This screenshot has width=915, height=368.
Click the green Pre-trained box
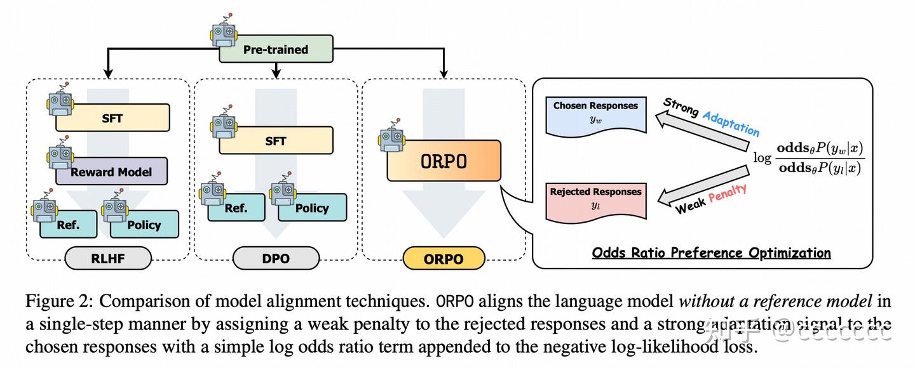pyautogui.click(x=276, y=49)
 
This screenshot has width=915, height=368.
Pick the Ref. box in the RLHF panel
pyautogui.click(x=69, y=225)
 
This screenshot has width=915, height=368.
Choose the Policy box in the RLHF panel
pyautogui.click(x=144, y=225)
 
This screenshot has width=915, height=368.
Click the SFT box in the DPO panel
pyautogui.click(x=276, y=141)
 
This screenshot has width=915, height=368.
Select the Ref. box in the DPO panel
pyautogui.click(x=236, y=207)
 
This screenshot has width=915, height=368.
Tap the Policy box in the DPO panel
pyautogui.click(x=311, y=207)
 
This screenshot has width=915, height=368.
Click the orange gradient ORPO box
pyautogui.click(x=444, y=161)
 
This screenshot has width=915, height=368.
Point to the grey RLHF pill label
pyautogui.click(x=109, y=259)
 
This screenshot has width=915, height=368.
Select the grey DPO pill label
pyautogui.click(x=276, y=259)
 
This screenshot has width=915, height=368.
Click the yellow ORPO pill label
pyautogui.click(x=444, y=259)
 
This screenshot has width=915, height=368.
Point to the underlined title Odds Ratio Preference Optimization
pyautogui.click(x=711, y=253)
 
